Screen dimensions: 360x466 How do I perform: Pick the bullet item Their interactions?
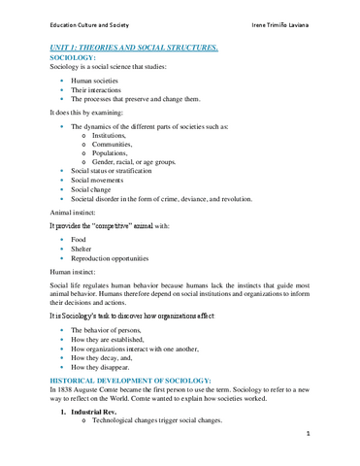pos(97,89)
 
